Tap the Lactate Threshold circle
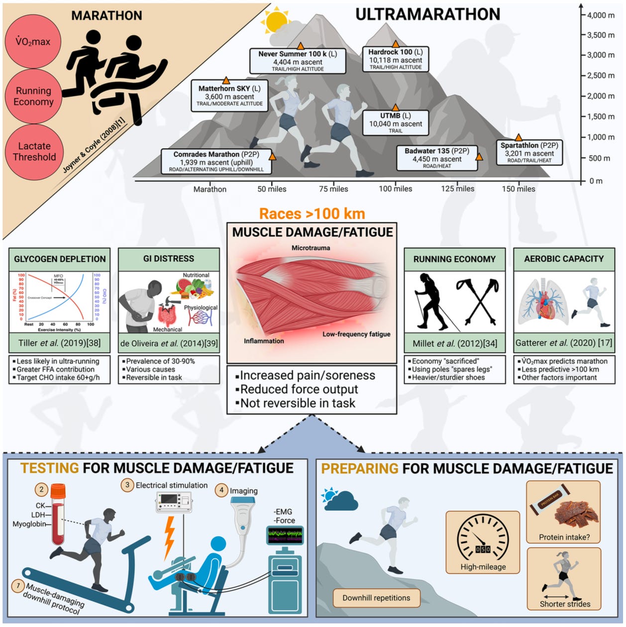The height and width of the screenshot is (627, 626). coord(33,151)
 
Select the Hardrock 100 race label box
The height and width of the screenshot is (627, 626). coord(396,59)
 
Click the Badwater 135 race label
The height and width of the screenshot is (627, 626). coord(437,158)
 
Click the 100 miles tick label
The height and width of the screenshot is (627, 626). coord(396,189)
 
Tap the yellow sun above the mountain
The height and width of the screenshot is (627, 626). coord(277,21)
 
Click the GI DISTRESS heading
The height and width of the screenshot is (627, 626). coord(169,259)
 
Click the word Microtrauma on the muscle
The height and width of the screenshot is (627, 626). coord(311,248)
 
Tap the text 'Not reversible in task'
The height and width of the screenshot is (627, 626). coord(298,403)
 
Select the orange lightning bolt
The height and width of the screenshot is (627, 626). coord(170,537)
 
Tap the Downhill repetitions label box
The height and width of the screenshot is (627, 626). coord(376,598)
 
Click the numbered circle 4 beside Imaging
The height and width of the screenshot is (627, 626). coord(221,490)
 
